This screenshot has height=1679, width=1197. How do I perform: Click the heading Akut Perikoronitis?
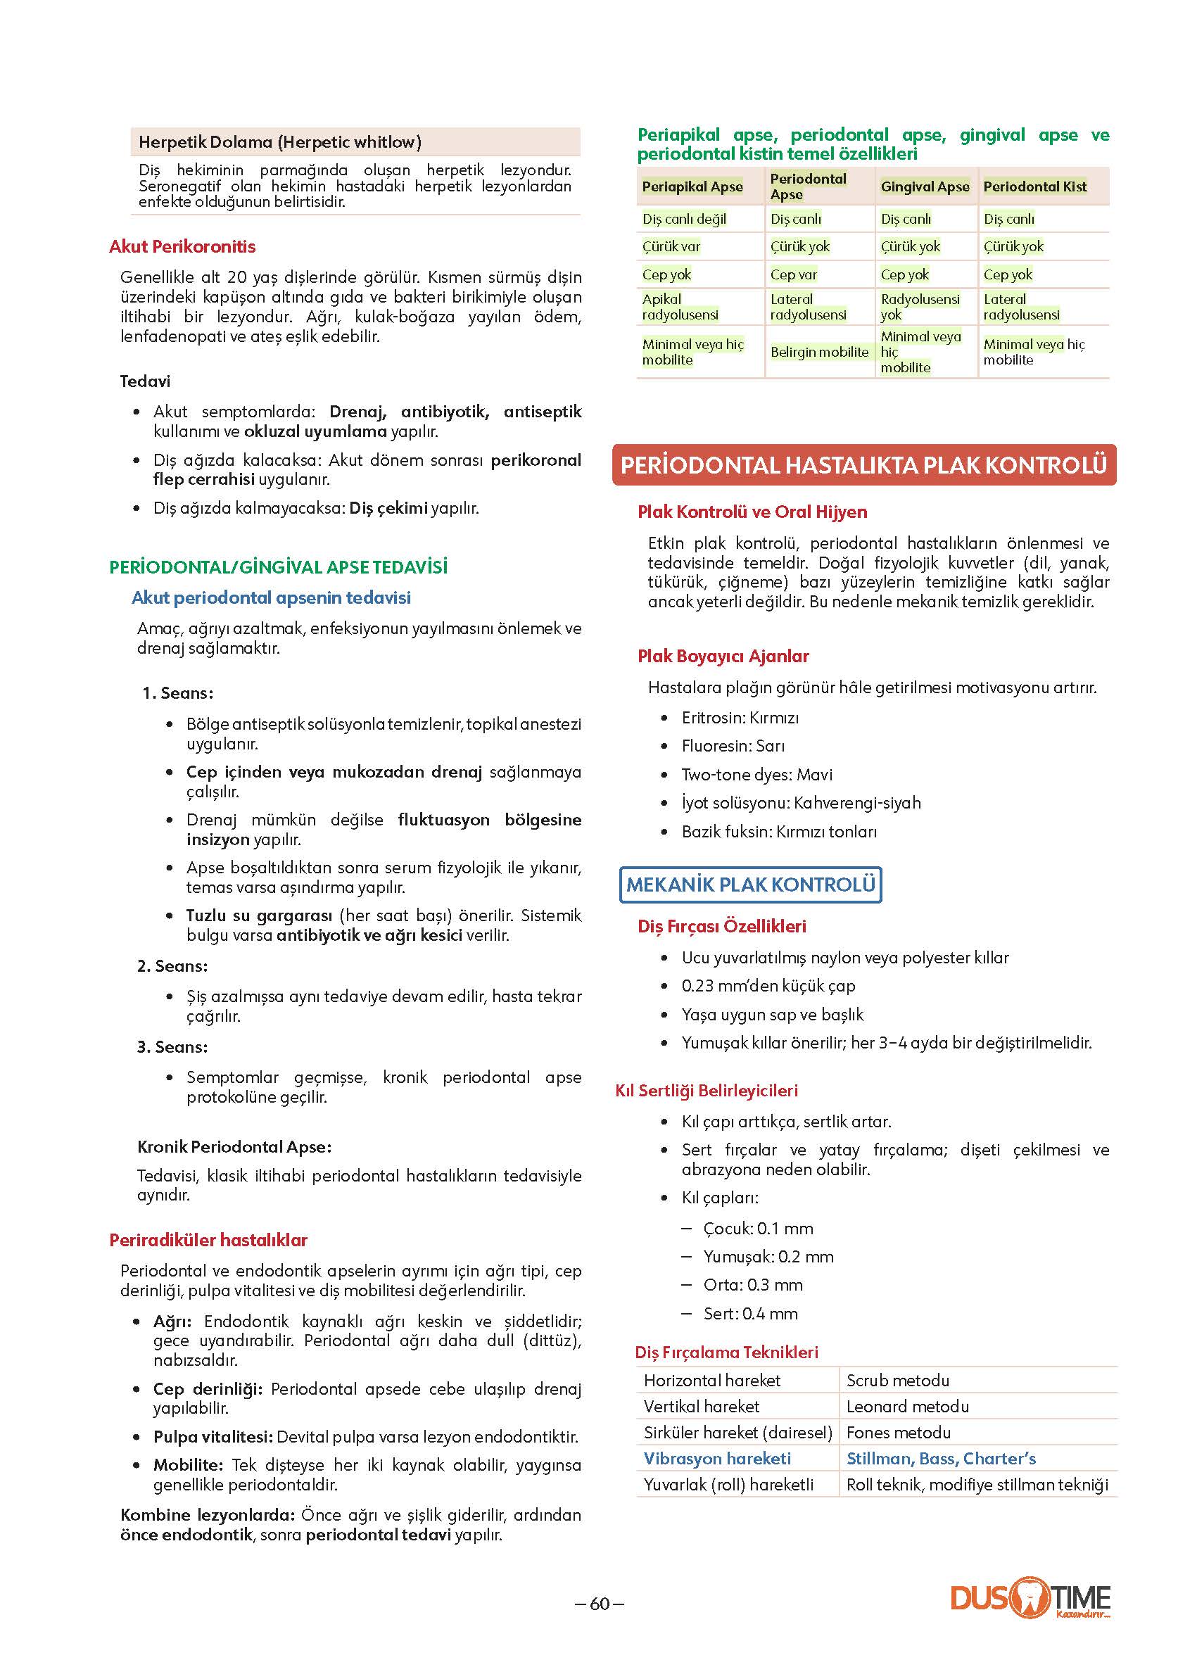(182, 247)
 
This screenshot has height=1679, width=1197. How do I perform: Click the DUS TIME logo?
(1030, 1599)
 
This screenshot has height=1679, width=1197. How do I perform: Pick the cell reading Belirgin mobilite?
(819, 353)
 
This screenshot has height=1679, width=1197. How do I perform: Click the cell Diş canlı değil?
(684, 220)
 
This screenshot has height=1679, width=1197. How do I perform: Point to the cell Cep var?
(793, 275)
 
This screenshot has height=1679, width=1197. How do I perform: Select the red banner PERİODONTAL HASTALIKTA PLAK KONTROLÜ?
(864, 465)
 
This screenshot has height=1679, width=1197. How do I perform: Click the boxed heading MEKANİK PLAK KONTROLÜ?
(750, 885)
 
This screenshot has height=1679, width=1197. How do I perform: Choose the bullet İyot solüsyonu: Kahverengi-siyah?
(800, 803)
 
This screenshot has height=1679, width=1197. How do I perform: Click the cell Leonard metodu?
(907, 1406)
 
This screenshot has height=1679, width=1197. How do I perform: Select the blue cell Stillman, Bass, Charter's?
(940, 1459)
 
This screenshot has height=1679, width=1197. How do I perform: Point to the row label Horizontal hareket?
(711, 1381)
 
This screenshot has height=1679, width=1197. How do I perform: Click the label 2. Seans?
(172, 966)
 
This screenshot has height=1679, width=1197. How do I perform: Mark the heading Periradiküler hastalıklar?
(208, 1241)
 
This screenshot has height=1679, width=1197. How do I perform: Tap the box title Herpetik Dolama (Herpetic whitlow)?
(280, 142)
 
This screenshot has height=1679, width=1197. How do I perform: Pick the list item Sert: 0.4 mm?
(749, 1313)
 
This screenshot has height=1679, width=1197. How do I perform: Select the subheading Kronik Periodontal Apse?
(234, 1147)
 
